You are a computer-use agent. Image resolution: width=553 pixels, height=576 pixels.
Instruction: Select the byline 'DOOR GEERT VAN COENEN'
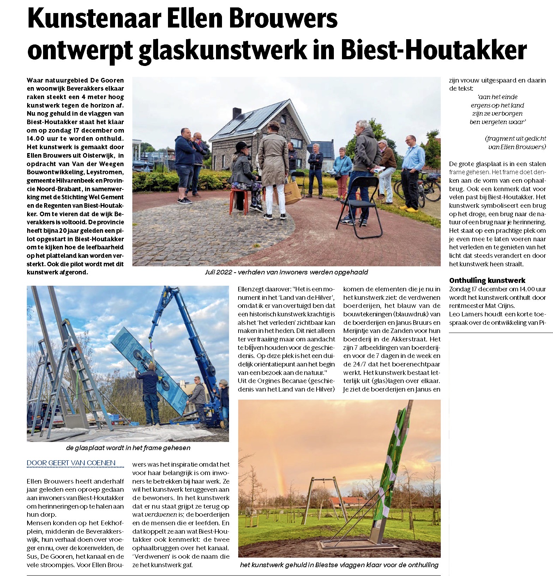pyautogui.click(x=71, y=463)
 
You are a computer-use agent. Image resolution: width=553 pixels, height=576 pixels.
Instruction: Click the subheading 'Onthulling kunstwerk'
pyautogui.click(x=487, y=280)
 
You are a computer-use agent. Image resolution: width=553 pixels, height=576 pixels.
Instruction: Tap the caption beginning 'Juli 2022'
pyautogui.click(x=286, y=272)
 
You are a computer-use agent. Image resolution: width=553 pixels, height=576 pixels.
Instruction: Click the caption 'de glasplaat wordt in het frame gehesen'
pyautogui.click(x=128, y=448)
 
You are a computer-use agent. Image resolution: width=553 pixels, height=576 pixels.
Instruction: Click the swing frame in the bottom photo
pyautogui.click(x=323, y=497)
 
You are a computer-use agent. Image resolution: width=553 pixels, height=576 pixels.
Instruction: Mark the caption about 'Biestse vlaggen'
pyautogui.click(x=339, y=565)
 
